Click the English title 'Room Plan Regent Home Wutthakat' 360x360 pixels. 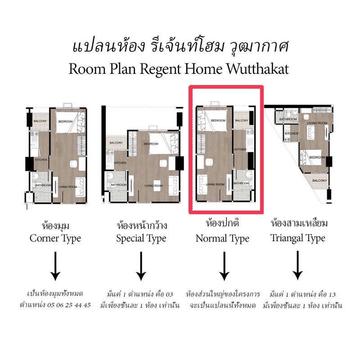[x=179, y=69]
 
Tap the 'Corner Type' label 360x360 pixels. [x=55, y=238]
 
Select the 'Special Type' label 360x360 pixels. [x=141, y=238]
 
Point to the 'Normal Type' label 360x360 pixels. [x=222, y=238]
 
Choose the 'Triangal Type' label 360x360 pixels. [x=298, y=238]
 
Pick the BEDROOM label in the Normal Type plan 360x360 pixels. [x=218, y=121]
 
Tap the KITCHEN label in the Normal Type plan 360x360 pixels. [x=240, y=149]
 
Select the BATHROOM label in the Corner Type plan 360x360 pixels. [x=43, y=185]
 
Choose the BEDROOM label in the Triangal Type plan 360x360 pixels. [x=317, y=157]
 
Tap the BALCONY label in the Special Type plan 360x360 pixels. [x=116, y=143]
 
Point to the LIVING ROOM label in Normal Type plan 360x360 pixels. [x=215, y=184]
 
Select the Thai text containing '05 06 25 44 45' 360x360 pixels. [x=55, y=305]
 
